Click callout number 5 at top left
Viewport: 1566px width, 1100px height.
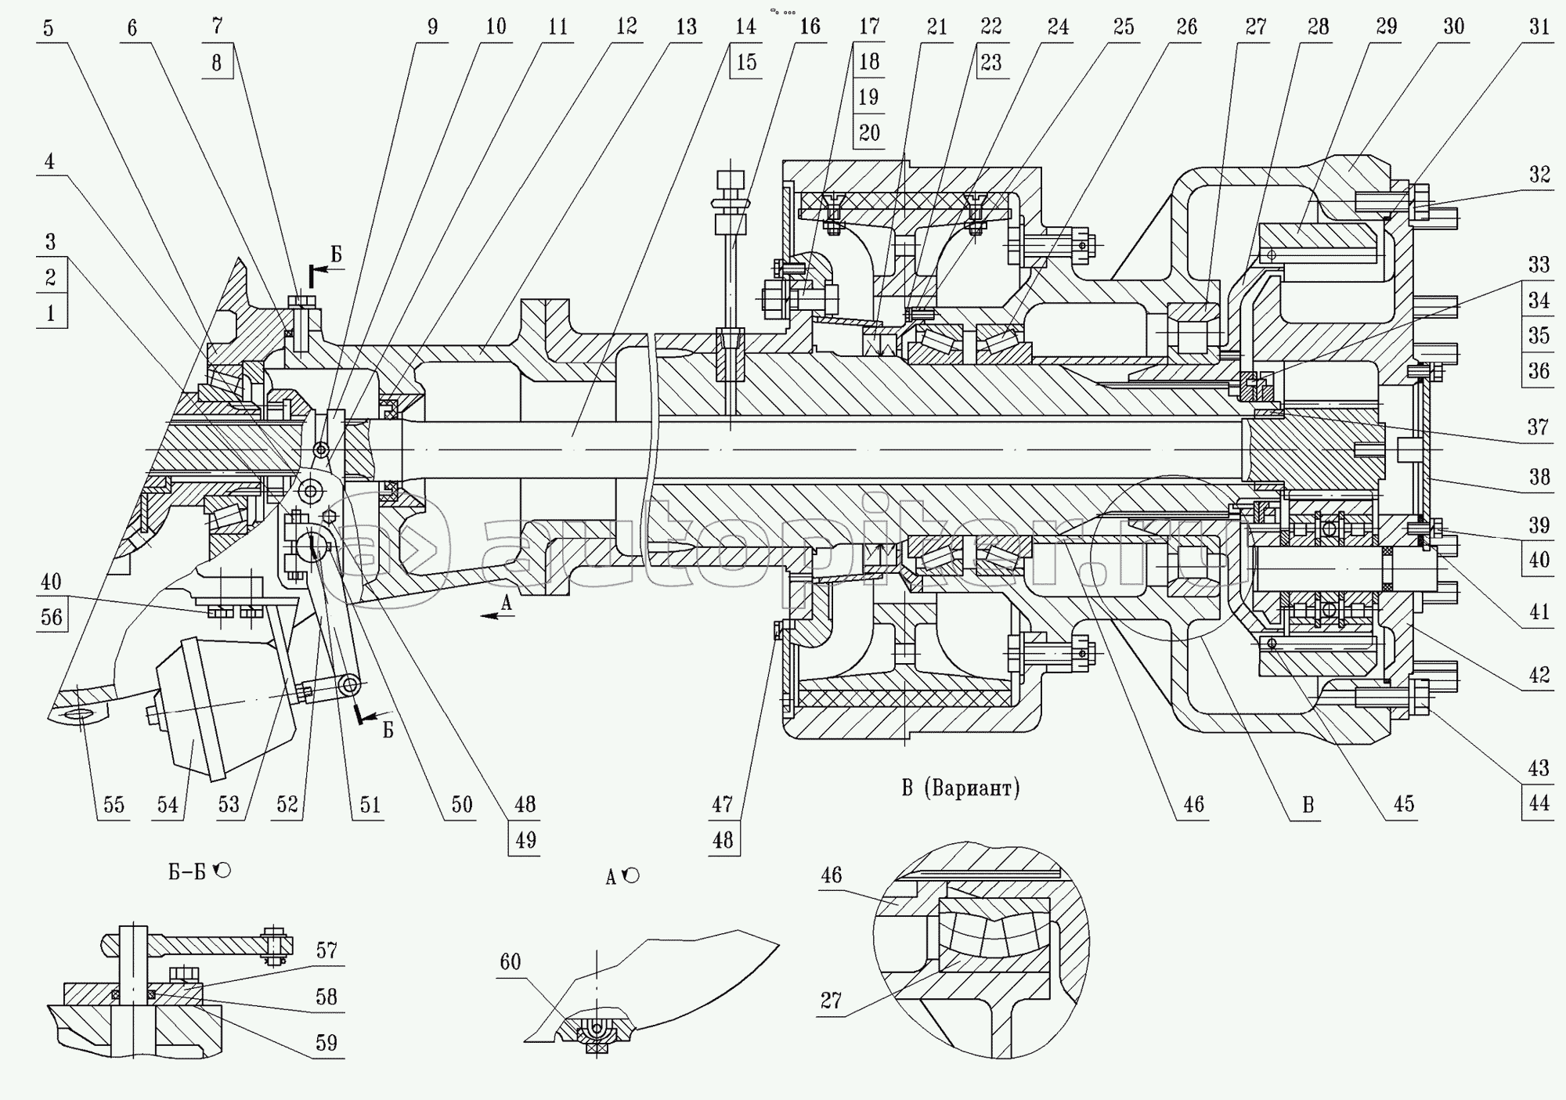pyautogui.click(x=49, y=29)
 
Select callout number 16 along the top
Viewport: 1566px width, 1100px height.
pyautogui.click(x=810, y=27)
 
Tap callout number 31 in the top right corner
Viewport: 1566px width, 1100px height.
pyautogui.click(x=1539, y=27)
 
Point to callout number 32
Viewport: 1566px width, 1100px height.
pyautogui.click(x=1539, y=174)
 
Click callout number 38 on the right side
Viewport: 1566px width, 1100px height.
pyautogui.click(x=1539, y=477)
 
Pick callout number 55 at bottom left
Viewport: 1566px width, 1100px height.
pyautogui.click(x=114, y=805)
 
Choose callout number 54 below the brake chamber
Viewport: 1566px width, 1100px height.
pyautogui.click(x=168, y=805)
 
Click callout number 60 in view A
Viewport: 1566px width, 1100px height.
pyautogui.click(x=510, y=961)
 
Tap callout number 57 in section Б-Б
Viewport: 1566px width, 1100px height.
pyautogui.click(x=327, y=950)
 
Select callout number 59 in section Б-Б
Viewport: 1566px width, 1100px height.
pyautogui.click(x=327, y=1043)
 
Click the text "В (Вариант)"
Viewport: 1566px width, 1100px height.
pyautogui.click(x=961, y=788)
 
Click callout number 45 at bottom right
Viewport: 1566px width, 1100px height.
pyautogui.click(x=1404, y=805)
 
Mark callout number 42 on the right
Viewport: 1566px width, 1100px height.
pyautogui.click(x=1539, y=675)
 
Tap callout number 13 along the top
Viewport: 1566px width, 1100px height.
pyautogui.click(x=686, y=27)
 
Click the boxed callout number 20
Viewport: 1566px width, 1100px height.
pyautogui.click(x=869, y=133)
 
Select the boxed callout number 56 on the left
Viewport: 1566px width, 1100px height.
pyautogui.click(x=52, y=617)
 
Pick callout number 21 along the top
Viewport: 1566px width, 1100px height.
pyautogui.click(x=936, y=27)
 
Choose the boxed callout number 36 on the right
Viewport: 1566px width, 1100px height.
pyautogui.click(x=1539, y=370)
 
